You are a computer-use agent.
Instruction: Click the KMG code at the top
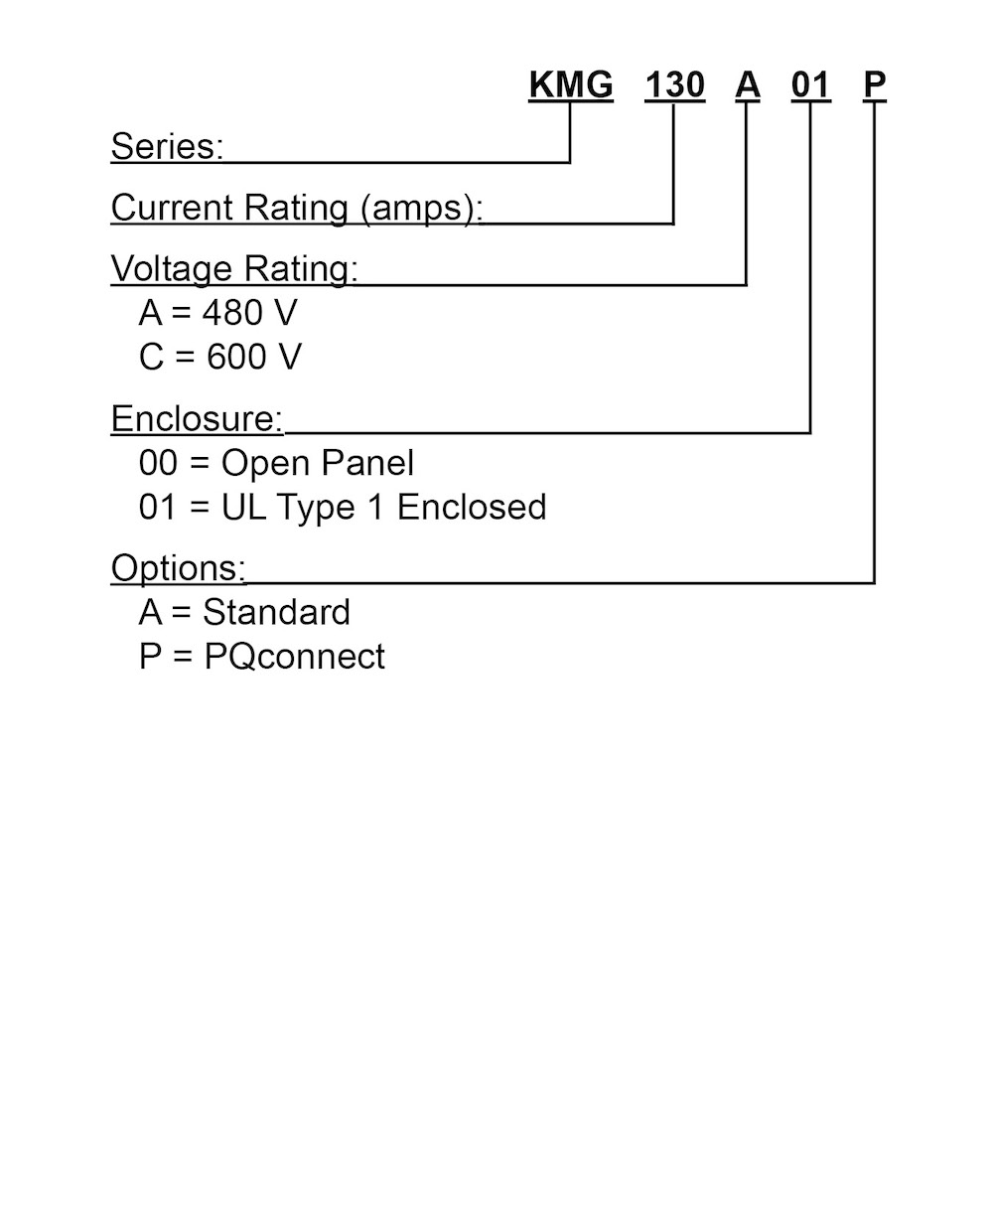click(x=571, y=85)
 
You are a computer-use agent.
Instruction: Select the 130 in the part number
click(x=675, y=85)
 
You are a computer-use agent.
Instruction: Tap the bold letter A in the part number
click(x=748, y=85)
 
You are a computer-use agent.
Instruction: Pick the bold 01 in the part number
click(x=810, y=85)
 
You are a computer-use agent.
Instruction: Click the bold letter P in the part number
click(x=875, y=85)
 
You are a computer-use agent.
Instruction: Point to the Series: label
click(x=167, y=146)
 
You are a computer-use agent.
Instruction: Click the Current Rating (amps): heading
click(x=297, y=208)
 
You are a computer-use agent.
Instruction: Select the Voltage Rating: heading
click(x=234, y=269)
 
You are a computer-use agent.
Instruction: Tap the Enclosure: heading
click(x=197, y=418)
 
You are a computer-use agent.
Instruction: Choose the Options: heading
click(x=179, y=568)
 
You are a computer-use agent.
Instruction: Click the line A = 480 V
click(x=218, y=313)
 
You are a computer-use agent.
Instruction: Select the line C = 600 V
click(x=219, y=357)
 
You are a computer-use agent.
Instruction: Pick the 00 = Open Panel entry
click(x=276, y=463)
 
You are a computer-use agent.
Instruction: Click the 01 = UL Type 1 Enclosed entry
click(x=343, y=507)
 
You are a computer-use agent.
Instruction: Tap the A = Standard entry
click(x=244, y=612)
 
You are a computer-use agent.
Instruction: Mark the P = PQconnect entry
click(x=262, y=657)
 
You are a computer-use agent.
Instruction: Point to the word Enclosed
click(x=472, y=507)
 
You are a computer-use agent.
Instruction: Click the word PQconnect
click(x=295, y=657)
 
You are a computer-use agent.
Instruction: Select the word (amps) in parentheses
click(x=422, y=209)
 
